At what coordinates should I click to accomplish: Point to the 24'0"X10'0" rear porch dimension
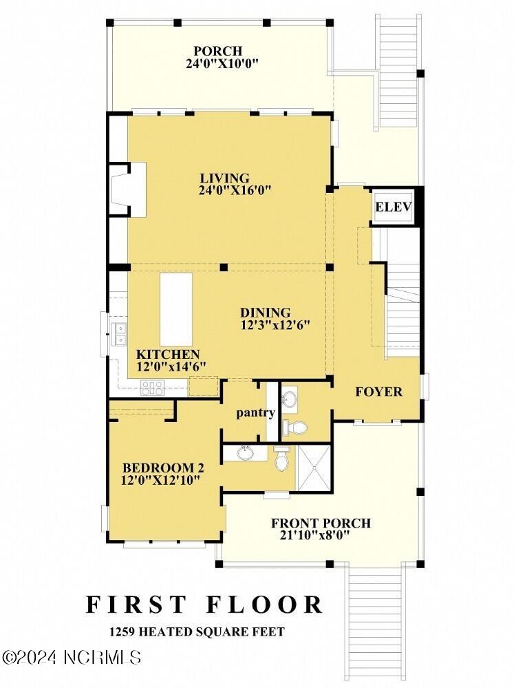[217, 64]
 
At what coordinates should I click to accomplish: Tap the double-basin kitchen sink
[119, 333]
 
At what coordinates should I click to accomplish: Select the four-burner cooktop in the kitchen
[151, 388]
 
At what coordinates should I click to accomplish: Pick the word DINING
[265, 312]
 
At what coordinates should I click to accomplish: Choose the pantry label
[255, 413]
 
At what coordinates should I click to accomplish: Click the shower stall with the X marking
[314, 468]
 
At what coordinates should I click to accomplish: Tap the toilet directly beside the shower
[282, 460]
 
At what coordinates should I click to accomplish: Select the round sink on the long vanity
[244, 454]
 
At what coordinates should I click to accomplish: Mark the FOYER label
[378, 392]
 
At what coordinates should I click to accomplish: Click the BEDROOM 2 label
[162, 467]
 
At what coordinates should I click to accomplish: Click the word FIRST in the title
[136, 604]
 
